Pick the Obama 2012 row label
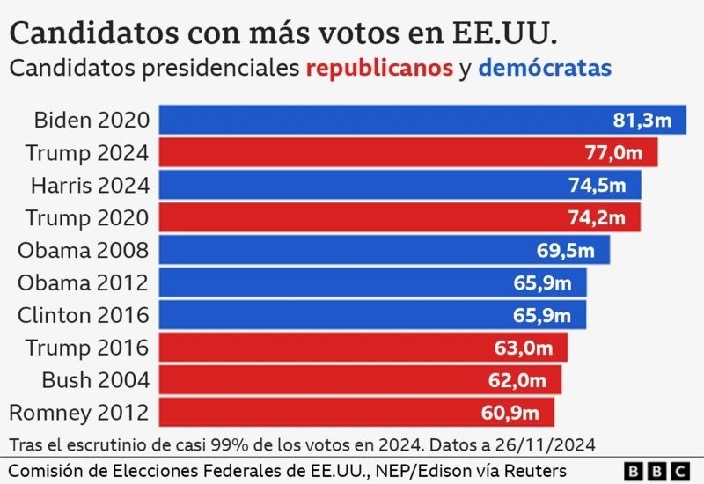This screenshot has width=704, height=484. [84, 282]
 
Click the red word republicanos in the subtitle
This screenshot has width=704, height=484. [379, 68]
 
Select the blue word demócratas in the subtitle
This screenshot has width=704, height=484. [546, 68]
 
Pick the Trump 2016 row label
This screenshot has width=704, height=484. [87, 347]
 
